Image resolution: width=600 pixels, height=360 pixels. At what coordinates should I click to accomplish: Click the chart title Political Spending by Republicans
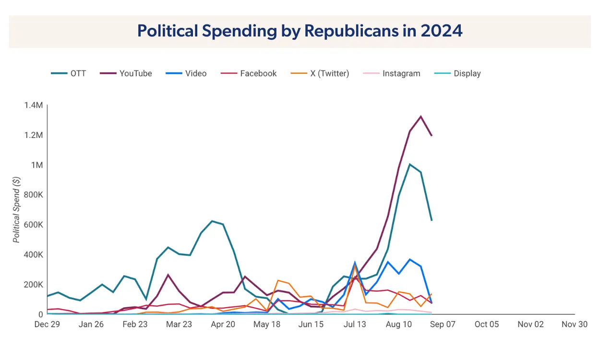click(x=300, y=31)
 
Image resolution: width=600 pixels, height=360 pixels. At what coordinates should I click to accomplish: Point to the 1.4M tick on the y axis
click(x=34, y=105)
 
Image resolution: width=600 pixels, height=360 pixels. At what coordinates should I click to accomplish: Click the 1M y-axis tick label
click(x=36, y=165)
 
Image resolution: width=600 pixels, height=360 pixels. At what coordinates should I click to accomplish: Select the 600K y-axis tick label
click(x=33, y=225)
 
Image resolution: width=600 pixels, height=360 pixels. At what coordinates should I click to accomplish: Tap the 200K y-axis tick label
click(x=33, y=284)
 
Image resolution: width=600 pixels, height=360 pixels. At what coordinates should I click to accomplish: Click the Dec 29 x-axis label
click(x=47, y=324)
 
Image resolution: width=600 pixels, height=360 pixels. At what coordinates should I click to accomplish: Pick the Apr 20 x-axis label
click(x=223, y=324)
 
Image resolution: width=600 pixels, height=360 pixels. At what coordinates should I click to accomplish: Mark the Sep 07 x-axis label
click(x=443, y=324)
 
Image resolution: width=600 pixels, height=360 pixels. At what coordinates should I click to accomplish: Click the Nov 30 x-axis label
click(x=575, y=324)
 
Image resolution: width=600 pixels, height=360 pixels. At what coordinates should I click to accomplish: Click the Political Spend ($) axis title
click(x=17, y=209)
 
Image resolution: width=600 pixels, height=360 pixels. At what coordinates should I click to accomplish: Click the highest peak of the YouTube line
click(x=421, y=116)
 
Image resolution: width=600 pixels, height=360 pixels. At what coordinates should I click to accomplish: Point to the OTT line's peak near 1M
click(x=409, y=164)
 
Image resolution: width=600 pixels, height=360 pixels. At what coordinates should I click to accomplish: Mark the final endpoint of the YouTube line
click(x=432, y=136)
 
